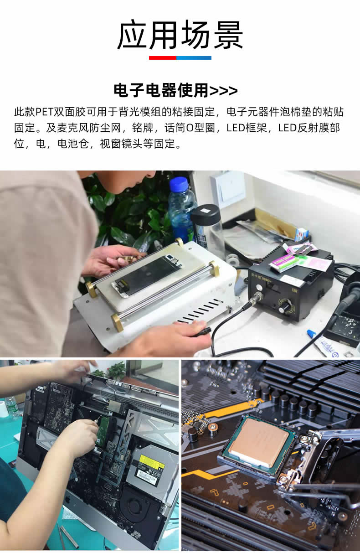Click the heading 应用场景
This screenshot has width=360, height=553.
180,35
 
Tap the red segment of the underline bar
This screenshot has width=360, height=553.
163,58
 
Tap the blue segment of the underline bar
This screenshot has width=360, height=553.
194,58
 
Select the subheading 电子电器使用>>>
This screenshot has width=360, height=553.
175,90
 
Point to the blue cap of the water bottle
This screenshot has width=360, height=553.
179,184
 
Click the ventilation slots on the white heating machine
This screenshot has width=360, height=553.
201,311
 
